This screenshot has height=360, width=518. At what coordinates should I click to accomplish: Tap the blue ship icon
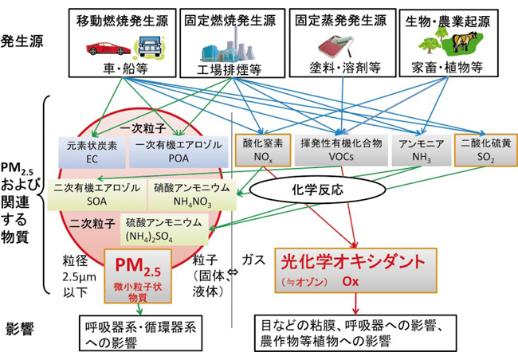149,48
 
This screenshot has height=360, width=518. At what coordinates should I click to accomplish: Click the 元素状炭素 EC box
92,151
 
